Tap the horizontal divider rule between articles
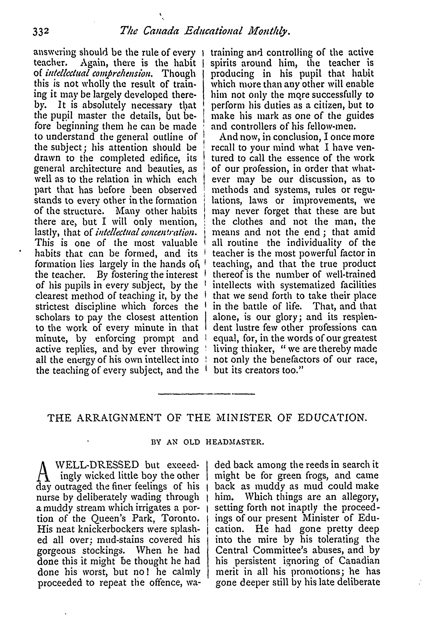tap(206, 394)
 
